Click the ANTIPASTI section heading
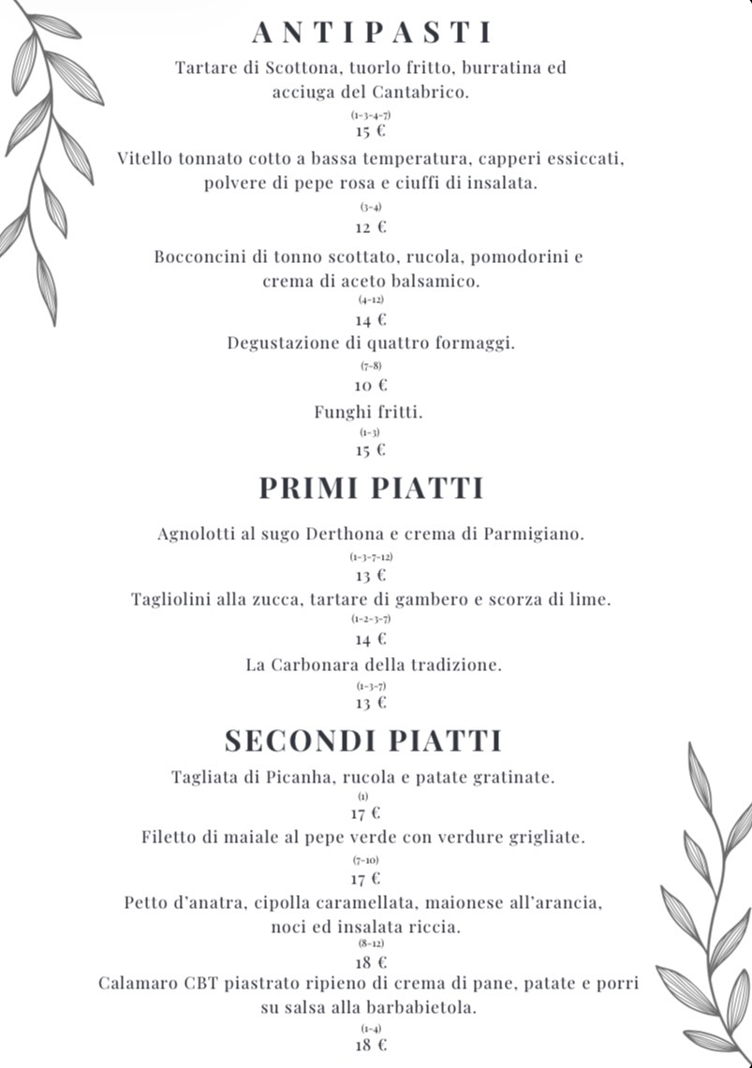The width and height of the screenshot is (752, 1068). point(371,33)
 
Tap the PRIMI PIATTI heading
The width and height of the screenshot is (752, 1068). point(371,489)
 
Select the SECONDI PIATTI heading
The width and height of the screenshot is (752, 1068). point(364,740)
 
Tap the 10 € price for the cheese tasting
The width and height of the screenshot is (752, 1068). point(370,385)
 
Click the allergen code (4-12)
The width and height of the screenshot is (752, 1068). point(371,300)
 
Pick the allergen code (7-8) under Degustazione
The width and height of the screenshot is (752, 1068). point(371,365)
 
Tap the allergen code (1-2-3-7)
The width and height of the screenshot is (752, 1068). point(371,620)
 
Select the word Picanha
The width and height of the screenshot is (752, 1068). point(297,777)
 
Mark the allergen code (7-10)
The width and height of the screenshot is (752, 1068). point(365,859)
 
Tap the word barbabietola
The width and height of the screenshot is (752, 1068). point(426,1008)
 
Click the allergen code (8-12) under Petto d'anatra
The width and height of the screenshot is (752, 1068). point(371,944)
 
